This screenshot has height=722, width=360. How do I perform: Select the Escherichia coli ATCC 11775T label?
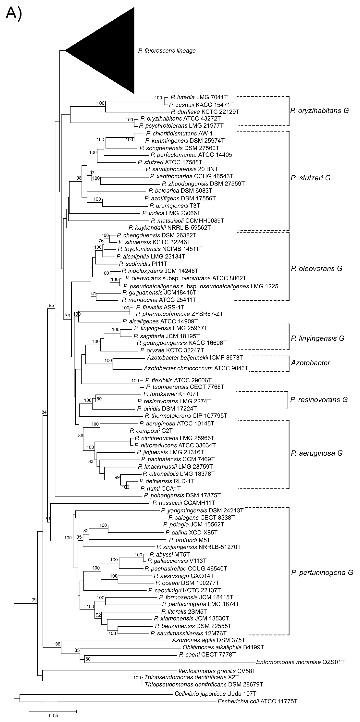click(257, 702)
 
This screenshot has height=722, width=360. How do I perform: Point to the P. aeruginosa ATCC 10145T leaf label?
click(177, 423)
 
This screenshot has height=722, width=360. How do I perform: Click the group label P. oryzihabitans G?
click(319, 110)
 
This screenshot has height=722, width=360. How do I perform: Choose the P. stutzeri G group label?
click(310, 178)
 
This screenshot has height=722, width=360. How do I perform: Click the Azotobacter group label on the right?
click(310, 363)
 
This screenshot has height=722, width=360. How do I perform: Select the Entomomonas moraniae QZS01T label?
click(300, 662)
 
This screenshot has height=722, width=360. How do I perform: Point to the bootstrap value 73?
click(67, 316)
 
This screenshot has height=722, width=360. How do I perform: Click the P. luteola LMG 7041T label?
click(199, 97)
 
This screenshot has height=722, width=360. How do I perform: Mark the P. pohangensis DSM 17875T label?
click(182, 495)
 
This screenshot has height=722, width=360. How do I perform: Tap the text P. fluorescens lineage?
click(167, 51)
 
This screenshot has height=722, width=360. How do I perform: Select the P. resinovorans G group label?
click(319, 400)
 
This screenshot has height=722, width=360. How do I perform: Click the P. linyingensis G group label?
click(317, 338)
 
